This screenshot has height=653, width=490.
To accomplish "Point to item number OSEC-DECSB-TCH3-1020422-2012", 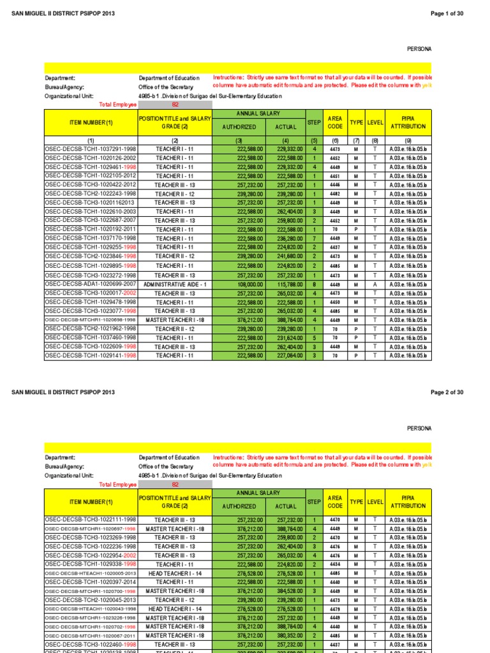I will point(91,184).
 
